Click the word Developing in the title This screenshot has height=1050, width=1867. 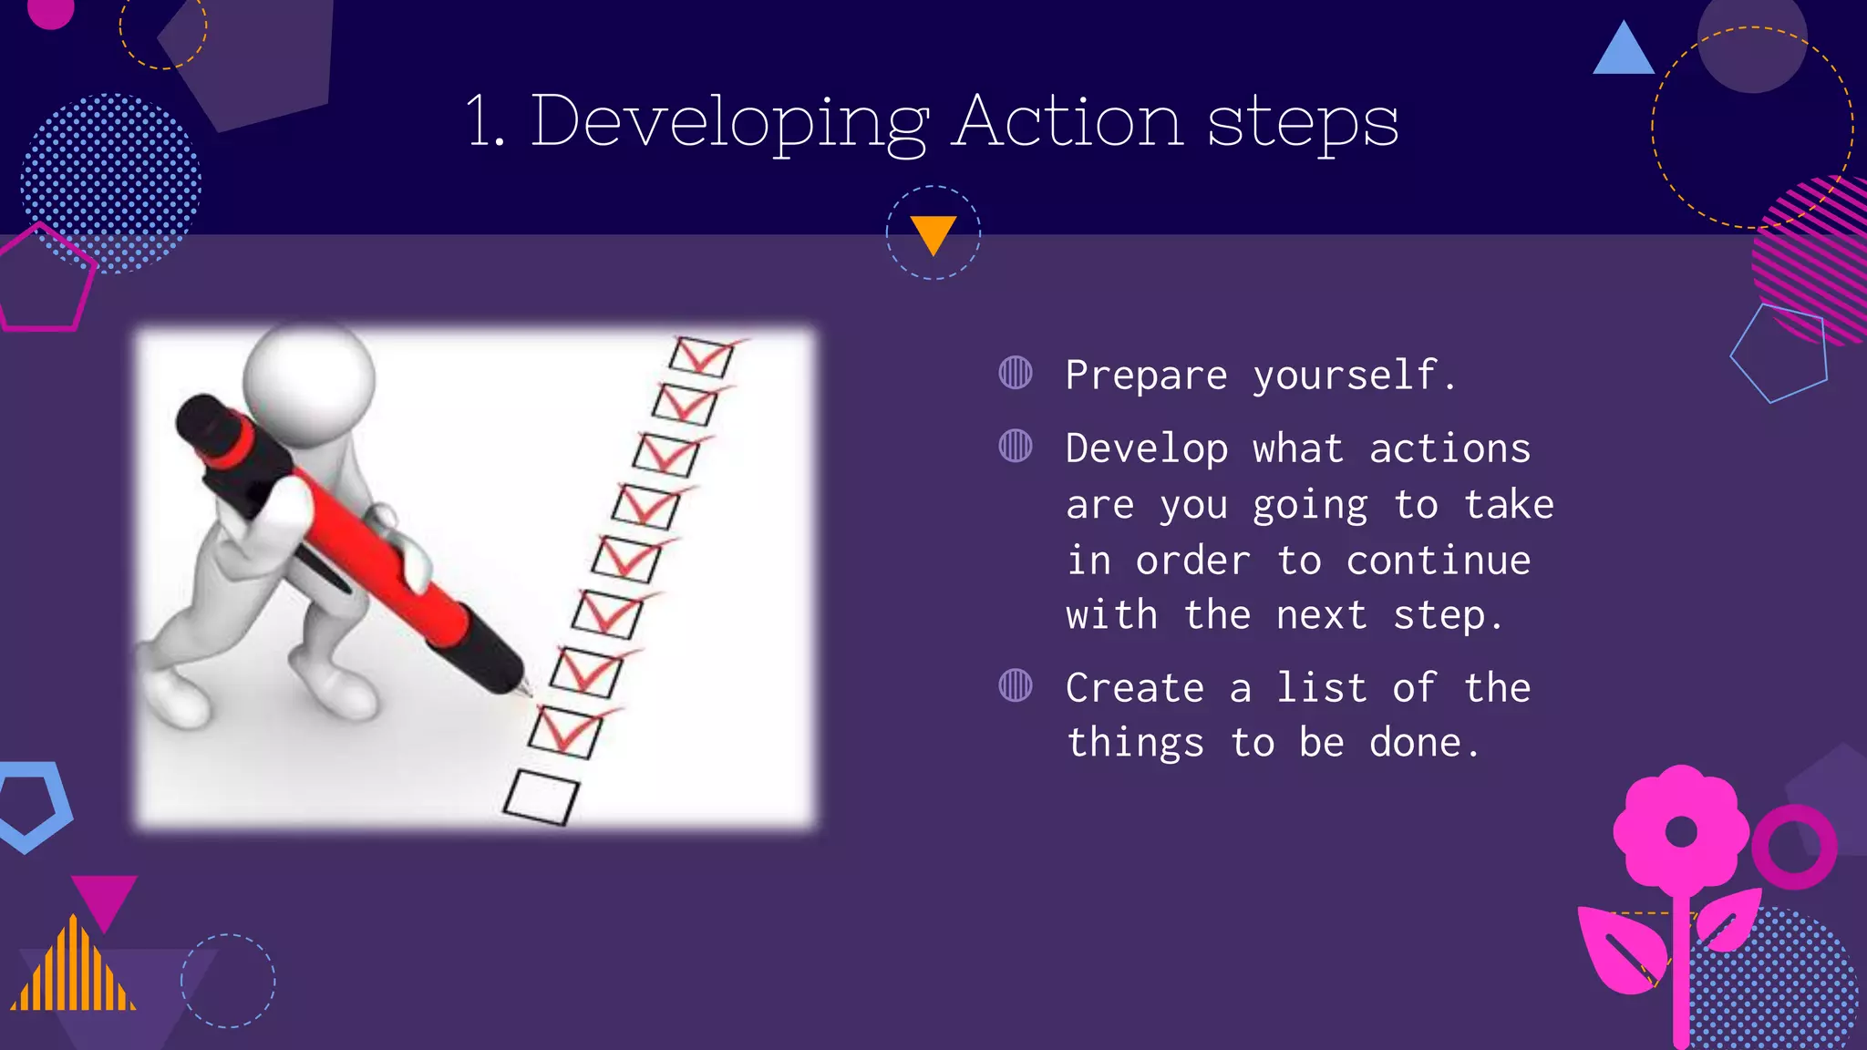tap(729, 121)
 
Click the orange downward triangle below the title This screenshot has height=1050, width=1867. tap(933, 232)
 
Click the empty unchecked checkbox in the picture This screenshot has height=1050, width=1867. tap(541, 797)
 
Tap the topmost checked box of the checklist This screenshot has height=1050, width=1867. tap(701, 355)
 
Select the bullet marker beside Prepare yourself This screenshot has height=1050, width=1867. tap(1015, 373)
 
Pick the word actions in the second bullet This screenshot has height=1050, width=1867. tap(1449, 448)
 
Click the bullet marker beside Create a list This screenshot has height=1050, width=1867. tap(1015, 685)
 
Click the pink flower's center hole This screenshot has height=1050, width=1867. tap(1681, 831)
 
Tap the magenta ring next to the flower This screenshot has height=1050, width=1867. tap(1793, 847)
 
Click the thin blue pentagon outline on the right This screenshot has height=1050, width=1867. tap(1779, 353)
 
